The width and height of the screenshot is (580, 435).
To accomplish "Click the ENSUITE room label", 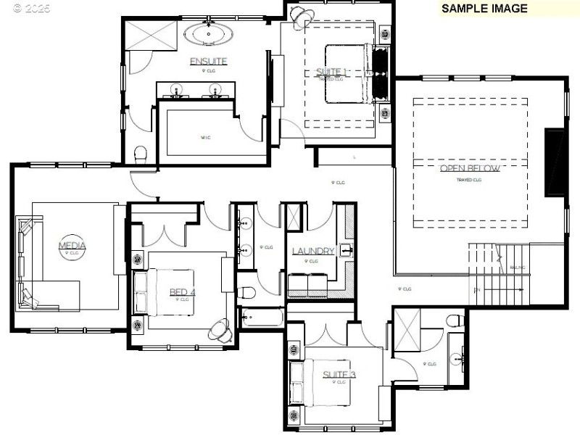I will pyautogui.click(x=209, y=62).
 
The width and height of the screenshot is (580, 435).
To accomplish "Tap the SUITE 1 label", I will pyautogui.click(x=332, y=72).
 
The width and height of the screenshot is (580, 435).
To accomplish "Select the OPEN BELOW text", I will pyautogui.click(x=469, y=169).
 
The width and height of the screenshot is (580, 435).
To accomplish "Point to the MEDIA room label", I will pyautogui.click(x=72, y=246).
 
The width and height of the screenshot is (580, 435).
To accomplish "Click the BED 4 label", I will pyautogui.click(x=183, y=292).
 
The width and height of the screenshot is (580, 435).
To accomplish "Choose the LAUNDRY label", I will pyautogui.click(x=313, y=252).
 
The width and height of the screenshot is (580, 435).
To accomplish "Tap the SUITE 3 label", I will pyautogui.click(x=339, y=375).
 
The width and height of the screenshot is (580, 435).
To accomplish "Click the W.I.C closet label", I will pyautogui.click(x=205, y=136).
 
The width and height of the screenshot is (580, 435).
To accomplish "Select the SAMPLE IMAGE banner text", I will pyautogui.click(x=484, y=9).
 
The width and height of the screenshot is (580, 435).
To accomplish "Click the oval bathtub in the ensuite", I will pyautogui.click(x=208, y=33).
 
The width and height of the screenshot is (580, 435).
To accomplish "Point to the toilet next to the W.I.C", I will pyautogui.click(x=141, y=153).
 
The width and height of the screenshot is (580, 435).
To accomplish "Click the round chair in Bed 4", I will pyautogui.click(x=220, y=330).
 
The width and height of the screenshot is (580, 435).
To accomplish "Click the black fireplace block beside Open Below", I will pyautogui.click(x=555, y=162).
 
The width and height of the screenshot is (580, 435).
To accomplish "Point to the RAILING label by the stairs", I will pyautogui.click(x=518, y=268).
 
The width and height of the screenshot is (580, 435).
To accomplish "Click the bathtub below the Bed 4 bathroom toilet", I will pyautogui.click(x=261, y=317).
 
